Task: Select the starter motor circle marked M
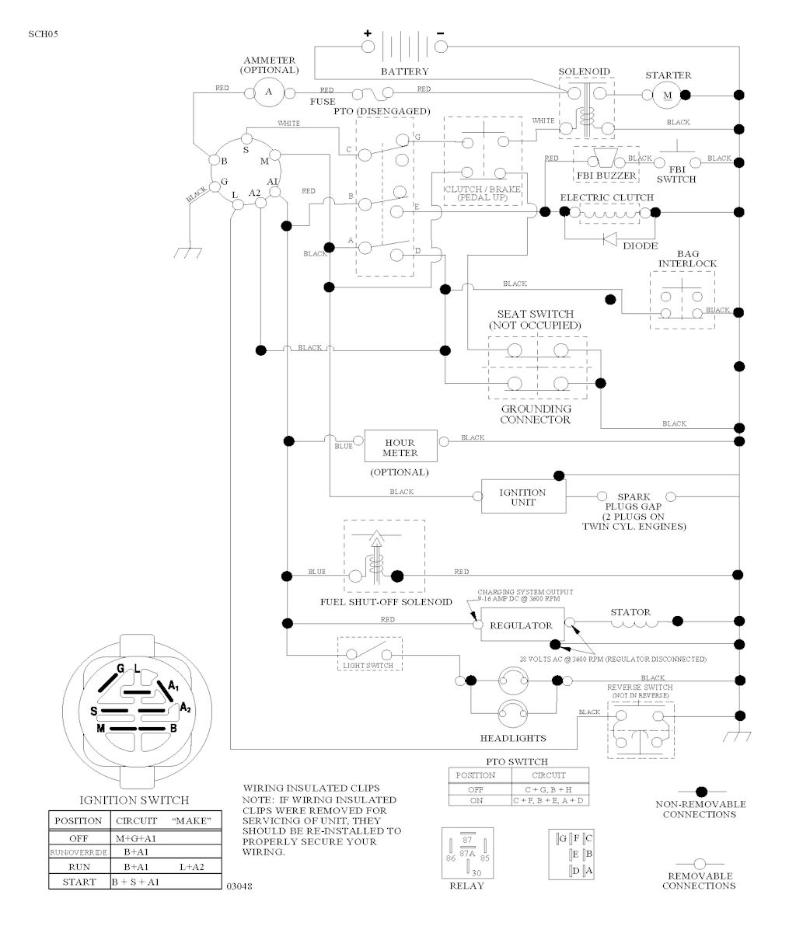666,96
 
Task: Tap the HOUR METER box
400,447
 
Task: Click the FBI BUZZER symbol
604,162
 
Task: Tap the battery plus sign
368,33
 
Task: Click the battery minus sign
441,33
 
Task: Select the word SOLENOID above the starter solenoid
584,71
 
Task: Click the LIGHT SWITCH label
368,666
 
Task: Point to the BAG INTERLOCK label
677,259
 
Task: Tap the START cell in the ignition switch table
77,882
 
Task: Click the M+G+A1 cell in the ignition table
137,837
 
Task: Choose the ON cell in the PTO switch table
476,800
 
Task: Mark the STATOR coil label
630,612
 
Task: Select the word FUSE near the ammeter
323,101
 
